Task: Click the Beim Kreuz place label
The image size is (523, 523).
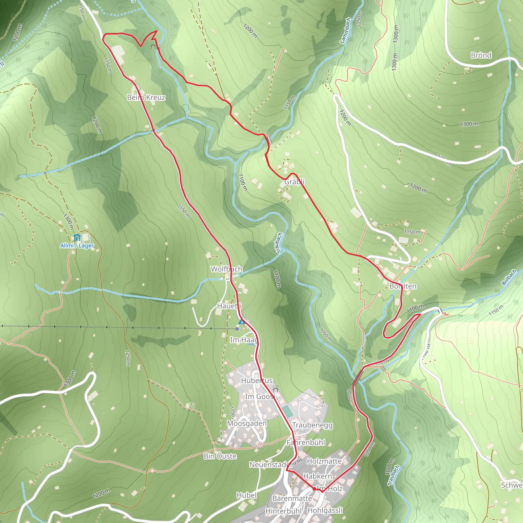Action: click(146, 98)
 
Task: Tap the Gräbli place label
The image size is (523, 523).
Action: click(294, 182)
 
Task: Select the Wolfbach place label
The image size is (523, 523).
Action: click(226, 269)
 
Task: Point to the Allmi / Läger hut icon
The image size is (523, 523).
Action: click(77, 238)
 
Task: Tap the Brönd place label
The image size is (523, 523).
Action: click(481, 55)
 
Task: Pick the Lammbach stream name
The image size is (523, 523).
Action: click(346, 30)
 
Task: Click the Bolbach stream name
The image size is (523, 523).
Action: click(509, 278)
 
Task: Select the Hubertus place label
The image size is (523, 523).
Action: click(257, 381)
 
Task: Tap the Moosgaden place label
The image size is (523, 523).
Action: click(247, 423)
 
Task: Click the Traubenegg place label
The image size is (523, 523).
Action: click(312, 425)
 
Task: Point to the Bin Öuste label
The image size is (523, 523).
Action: click(220, 456)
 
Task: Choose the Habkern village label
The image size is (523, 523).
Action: click(317, 476)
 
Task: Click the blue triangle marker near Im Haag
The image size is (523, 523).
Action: click(242, 322)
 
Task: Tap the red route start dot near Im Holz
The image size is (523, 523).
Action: click(314, 489)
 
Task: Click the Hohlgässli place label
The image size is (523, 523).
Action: click(325, 510)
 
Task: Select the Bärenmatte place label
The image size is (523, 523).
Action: click(292, 498)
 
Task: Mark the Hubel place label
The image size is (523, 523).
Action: click(246, 495)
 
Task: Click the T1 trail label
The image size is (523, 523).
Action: click(192, 406)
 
